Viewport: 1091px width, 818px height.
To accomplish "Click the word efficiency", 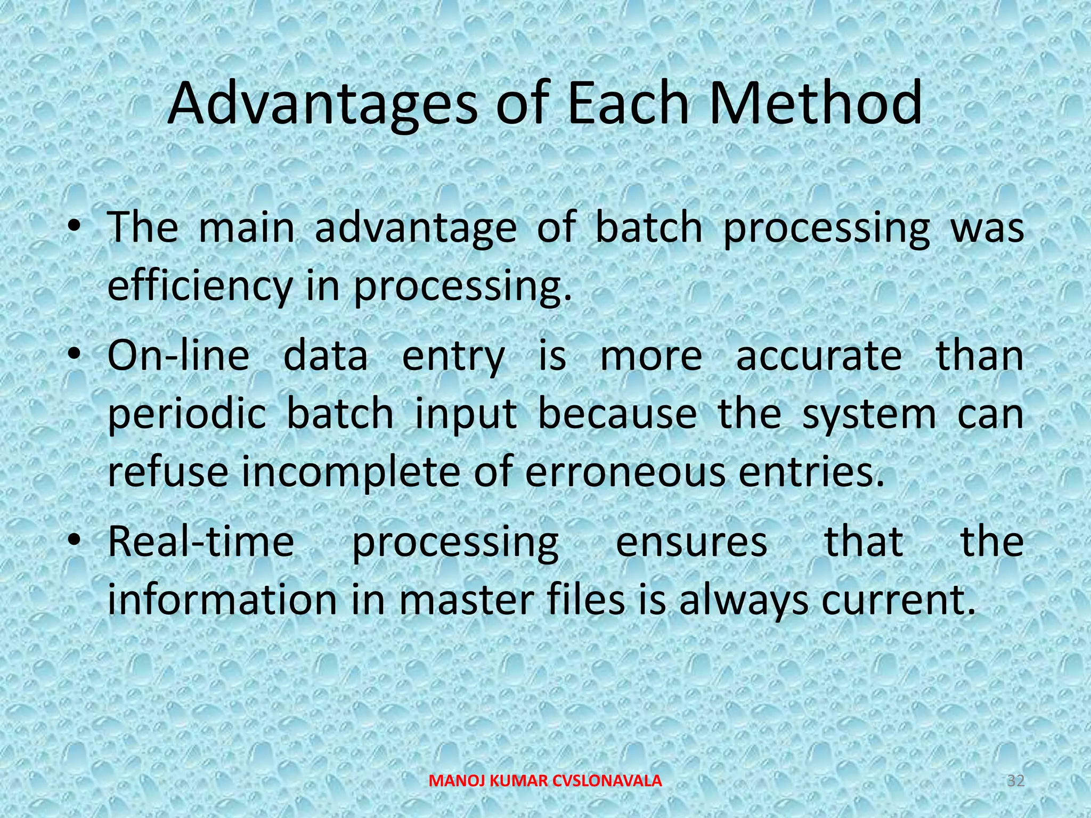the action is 200,286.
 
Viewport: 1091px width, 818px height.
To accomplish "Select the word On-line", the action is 178,356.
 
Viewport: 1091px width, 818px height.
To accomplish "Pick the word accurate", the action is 819,356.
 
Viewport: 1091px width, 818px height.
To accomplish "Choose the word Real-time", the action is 201,542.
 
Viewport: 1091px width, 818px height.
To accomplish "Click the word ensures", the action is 691,542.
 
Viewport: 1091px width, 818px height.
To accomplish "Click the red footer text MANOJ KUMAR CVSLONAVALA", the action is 545,781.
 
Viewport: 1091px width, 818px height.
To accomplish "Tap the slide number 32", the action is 1015,781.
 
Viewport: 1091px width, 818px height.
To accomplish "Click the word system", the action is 868,414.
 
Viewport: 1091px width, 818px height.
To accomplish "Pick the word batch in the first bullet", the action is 648,228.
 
